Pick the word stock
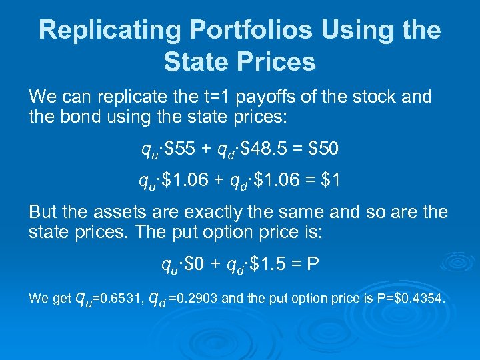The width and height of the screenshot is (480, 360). pos(375,97)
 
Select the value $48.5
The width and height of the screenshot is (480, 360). pos(268,150)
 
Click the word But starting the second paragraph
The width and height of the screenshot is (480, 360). pos(43,213)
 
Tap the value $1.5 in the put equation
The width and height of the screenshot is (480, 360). pos(270,265)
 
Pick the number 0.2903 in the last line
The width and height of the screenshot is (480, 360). pos(194,299)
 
